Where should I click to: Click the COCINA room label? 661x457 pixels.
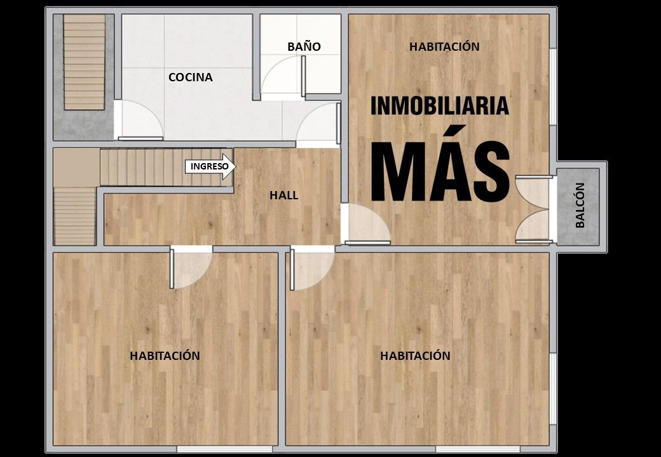click(x=191, y=77)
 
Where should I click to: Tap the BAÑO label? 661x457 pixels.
click(x=304, y=46)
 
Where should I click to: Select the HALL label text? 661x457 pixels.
click(x=283, y=195)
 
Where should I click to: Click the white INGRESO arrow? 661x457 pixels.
click(x=210, y=166)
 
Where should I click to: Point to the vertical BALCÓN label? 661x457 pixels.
click(x=580, y=206)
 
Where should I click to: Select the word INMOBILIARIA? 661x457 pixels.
click(x=440, y=105)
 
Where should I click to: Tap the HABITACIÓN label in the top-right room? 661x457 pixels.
click(x=444, y=46)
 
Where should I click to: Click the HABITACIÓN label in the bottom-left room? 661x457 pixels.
click(x=165, y=355)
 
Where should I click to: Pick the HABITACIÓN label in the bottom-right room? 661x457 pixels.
click(x=415, y=355)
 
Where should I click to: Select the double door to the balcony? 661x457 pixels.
click(x=533, y=209)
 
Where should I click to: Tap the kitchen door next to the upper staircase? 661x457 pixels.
click(x=140, y=121)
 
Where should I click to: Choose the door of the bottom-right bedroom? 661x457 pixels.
click(x=312, y=269)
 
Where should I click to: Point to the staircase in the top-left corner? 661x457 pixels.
click(x=85, y=62)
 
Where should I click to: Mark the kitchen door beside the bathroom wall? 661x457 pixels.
click(x=318, y=124)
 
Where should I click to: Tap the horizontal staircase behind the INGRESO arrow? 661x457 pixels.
click(x=167, y=167)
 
